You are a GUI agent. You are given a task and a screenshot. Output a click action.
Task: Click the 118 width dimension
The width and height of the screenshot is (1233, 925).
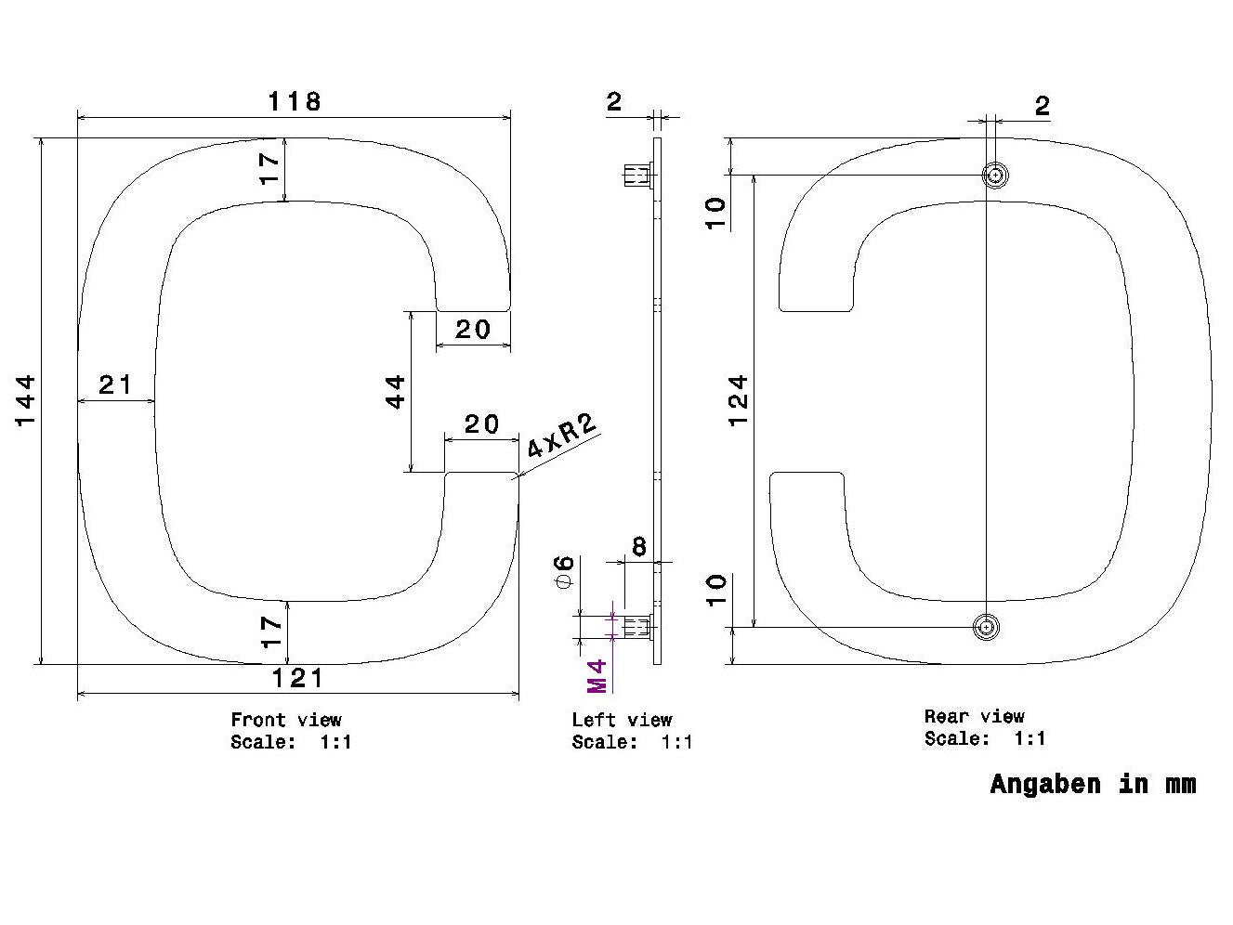click(295, 101)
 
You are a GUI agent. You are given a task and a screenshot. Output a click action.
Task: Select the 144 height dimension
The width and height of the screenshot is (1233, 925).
click(26, 401)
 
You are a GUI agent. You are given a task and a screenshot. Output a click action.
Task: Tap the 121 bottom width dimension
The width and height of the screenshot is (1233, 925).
click(297, 679)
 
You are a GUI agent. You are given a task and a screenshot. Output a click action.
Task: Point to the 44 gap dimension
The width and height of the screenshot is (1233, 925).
click(396, 392)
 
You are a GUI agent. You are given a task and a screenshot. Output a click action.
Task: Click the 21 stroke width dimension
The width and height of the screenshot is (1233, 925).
click(116, 385)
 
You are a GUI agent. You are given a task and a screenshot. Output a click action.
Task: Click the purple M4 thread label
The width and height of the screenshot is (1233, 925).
click(597, 676)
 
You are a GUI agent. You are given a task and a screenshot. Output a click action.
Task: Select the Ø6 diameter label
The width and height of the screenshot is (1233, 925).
click(564, 571)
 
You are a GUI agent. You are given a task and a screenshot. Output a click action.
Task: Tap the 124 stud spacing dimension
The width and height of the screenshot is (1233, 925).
click(739, 401)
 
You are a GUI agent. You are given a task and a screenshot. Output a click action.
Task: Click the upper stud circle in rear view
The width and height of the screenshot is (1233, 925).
click(995, 176)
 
